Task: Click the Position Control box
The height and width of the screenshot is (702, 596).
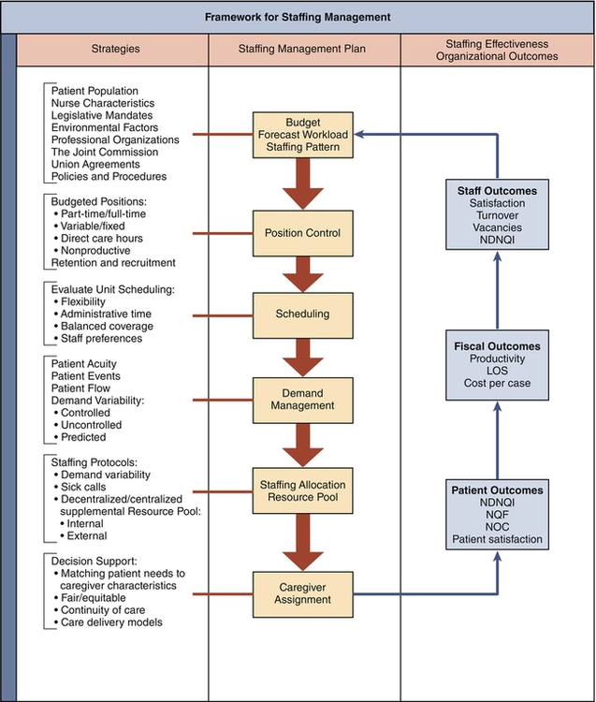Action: (303, 234)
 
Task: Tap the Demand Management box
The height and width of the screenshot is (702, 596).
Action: (303, 400)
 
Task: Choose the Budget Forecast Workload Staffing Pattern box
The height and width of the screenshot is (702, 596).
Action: (303, 135)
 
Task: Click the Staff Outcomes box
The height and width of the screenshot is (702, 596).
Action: (497, 215)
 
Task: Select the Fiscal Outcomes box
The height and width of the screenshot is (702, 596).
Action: (497, 365)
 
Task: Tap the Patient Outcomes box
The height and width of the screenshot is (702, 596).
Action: (497, 515)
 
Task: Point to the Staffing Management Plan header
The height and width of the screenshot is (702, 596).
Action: (303, 49)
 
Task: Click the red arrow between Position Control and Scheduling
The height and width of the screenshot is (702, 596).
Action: (303, 274)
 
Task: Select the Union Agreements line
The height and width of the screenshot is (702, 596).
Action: (96, 164)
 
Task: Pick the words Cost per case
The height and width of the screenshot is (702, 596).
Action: (497, 384)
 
